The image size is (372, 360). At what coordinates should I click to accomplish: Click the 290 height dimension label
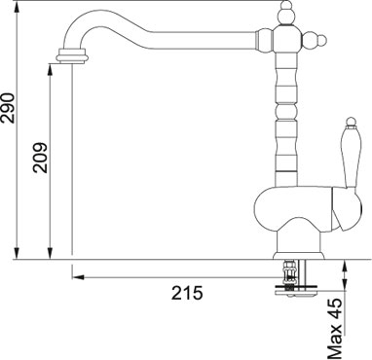tap(7, 108)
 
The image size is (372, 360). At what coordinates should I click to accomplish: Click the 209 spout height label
tap(41, 158)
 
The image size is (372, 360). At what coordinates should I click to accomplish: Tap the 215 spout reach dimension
tap(187, 294)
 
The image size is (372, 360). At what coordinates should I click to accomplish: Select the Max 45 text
tap(335, 329)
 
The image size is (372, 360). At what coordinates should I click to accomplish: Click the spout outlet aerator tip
tap(72, 55)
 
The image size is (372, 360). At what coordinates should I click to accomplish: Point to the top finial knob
tap(286, 13)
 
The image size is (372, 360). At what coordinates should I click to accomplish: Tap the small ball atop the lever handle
tap(351, 122)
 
